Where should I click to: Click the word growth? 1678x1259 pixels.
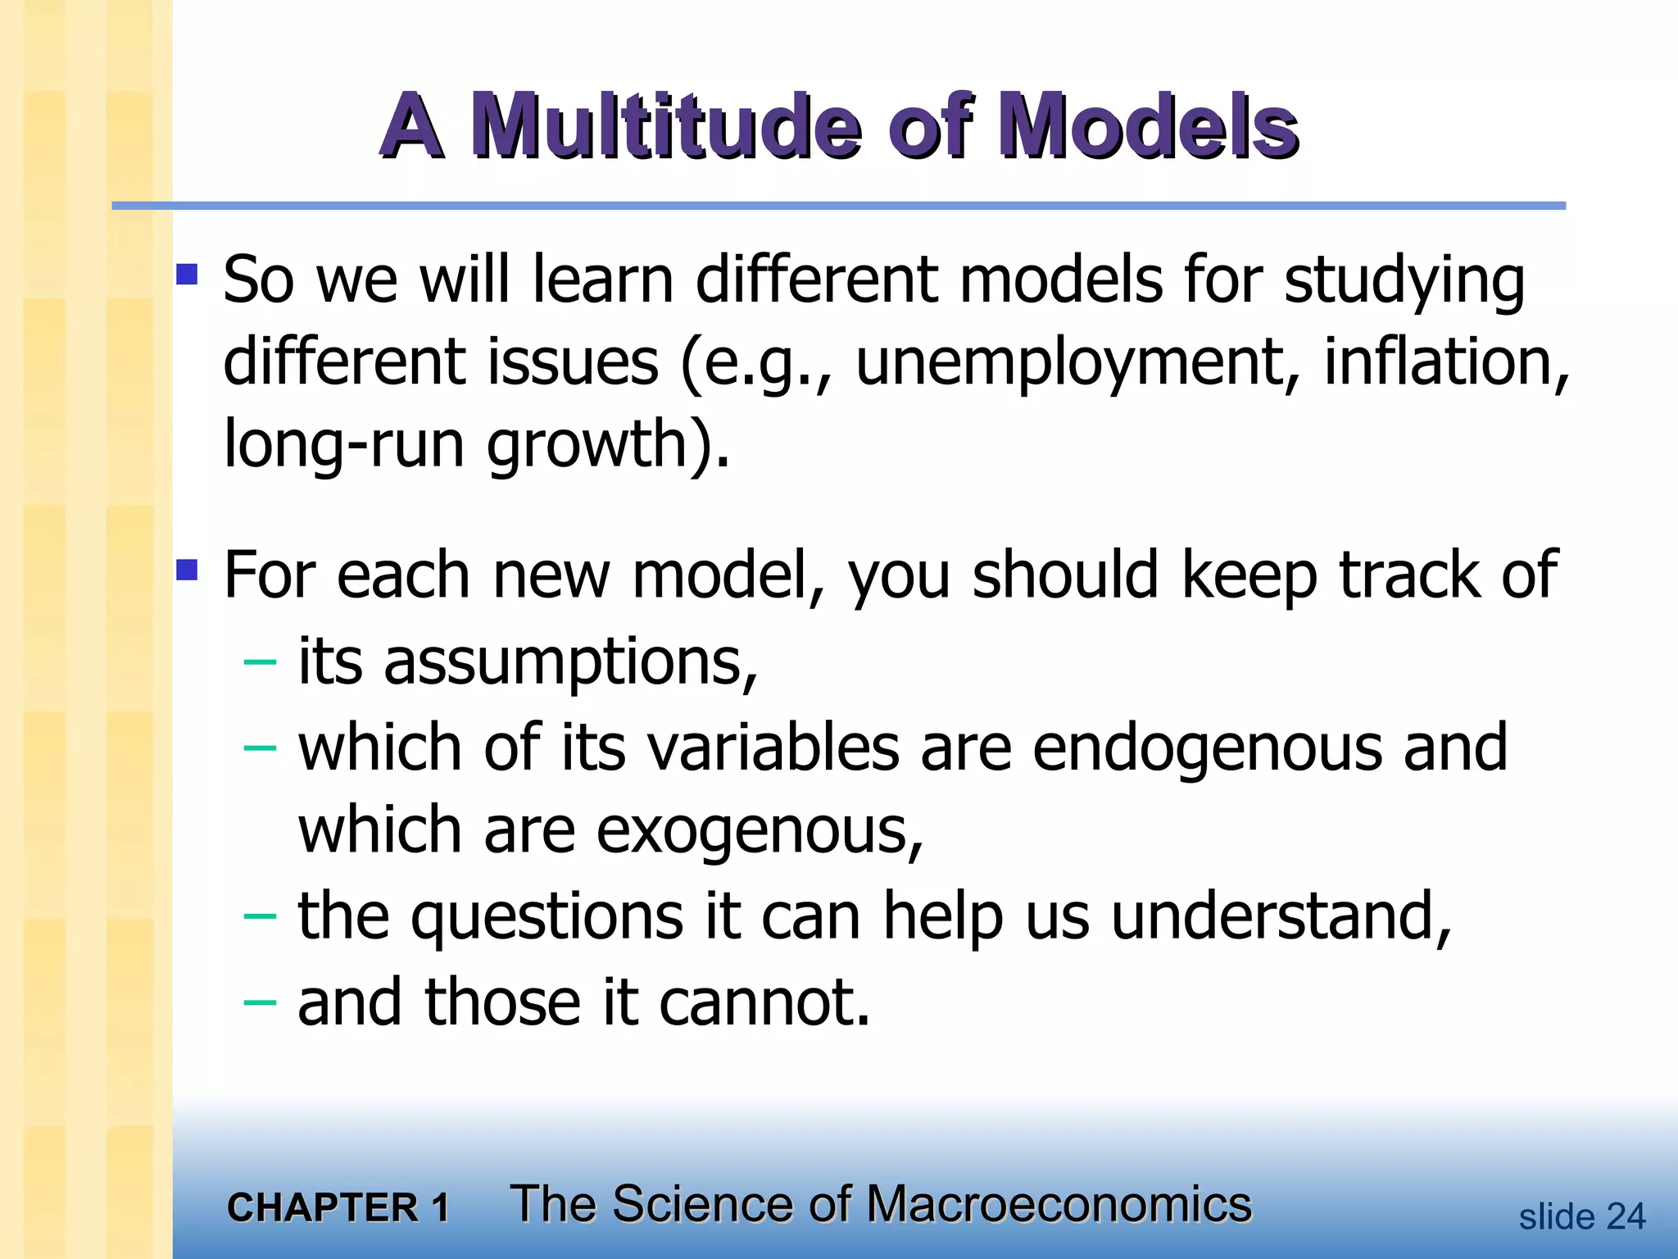[x=587, y=443]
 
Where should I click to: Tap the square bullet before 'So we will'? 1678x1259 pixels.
[x=187, y=273]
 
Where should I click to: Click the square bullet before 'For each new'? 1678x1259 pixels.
[x=187, y=569]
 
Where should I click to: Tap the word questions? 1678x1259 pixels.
[x=547, y=916]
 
